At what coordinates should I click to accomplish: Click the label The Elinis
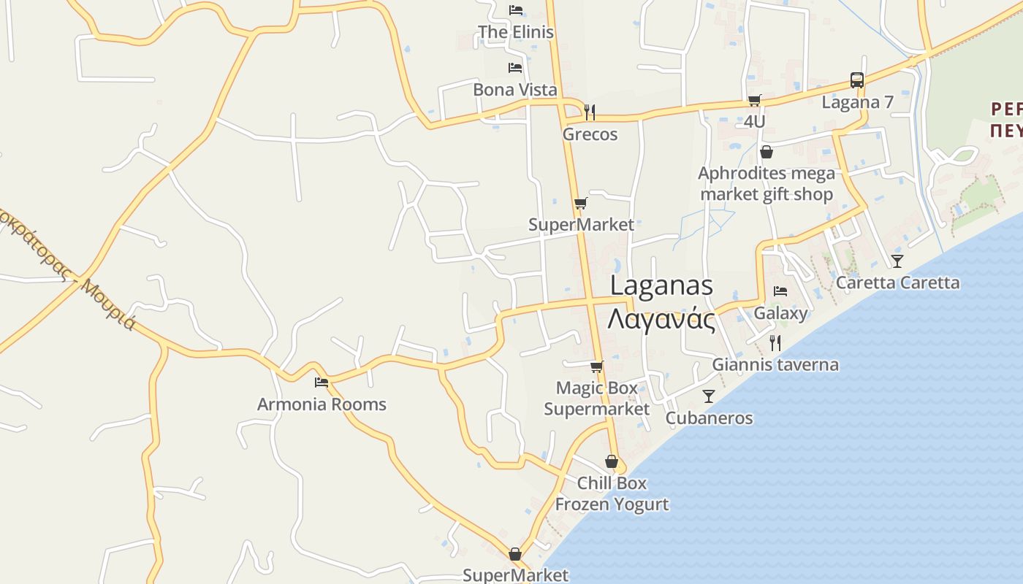coord(515,32)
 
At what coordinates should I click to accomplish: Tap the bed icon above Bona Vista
coord(515,68)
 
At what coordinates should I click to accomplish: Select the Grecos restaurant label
coord(590,134)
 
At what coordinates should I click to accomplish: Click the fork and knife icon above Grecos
coord(590,112)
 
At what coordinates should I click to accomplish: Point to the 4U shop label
coord(754,121)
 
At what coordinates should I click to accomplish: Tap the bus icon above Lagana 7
coord(857,80)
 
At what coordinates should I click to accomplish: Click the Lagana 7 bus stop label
coord(857,102)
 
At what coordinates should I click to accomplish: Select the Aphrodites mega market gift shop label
coord(767,184)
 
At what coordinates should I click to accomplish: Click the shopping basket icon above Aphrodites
coord(767,152)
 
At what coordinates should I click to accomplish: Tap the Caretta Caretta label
coord(897,283)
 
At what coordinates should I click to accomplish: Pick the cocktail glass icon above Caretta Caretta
coord(897,261)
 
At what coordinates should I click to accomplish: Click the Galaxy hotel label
coord(780,314)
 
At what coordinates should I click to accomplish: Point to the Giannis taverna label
coord(775,365)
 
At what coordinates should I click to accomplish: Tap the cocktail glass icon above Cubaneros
coord(708,396)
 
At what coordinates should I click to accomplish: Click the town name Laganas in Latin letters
coord(661,285)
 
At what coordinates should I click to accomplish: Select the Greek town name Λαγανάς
coord(661,319)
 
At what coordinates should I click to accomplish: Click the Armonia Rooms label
coord(322,404)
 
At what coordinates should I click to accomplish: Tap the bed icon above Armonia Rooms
coord(322,382)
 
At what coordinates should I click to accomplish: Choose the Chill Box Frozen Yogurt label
coord(612,493)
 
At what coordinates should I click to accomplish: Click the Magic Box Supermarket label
coord(596,399)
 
